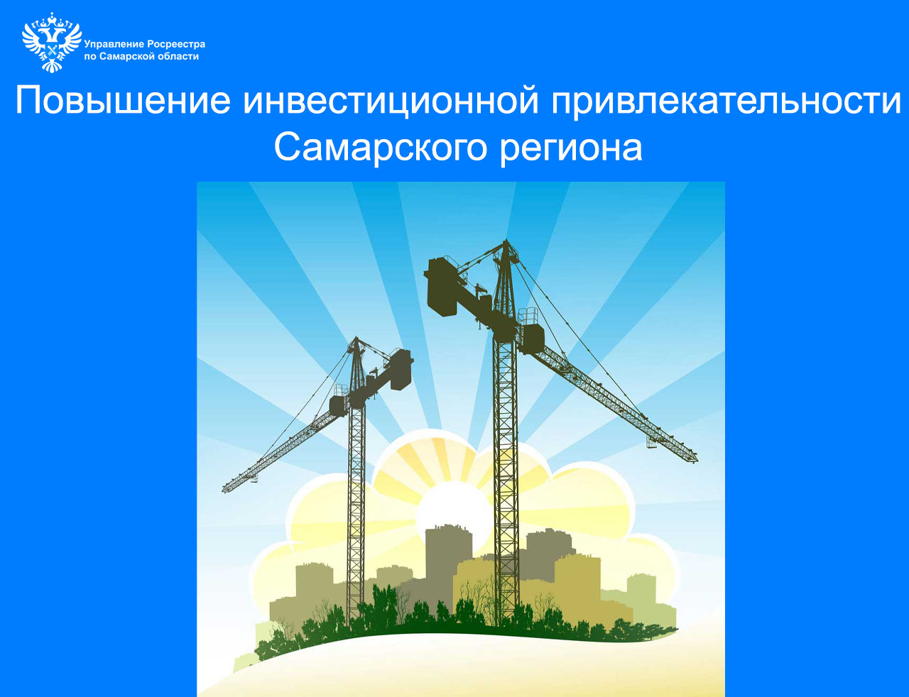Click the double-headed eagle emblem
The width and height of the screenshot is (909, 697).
(52, 43)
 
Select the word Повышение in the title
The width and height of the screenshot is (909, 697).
(123, 101)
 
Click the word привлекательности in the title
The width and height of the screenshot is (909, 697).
(726, 101)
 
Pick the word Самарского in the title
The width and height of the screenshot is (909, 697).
(381, 148)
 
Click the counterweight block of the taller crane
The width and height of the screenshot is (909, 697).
(442, 286)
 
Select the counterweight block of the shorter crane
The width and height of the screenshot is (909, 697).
(401, 370)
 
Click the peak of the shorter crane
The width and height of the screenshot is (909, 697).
(356, 337)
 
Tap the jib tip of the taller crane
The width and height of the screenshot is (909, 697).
(695, 461)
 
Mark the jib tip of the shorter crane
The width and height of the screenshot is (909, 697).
(224, 489)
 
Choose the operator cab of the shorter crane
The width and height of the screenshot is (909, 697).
(339, 405)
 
